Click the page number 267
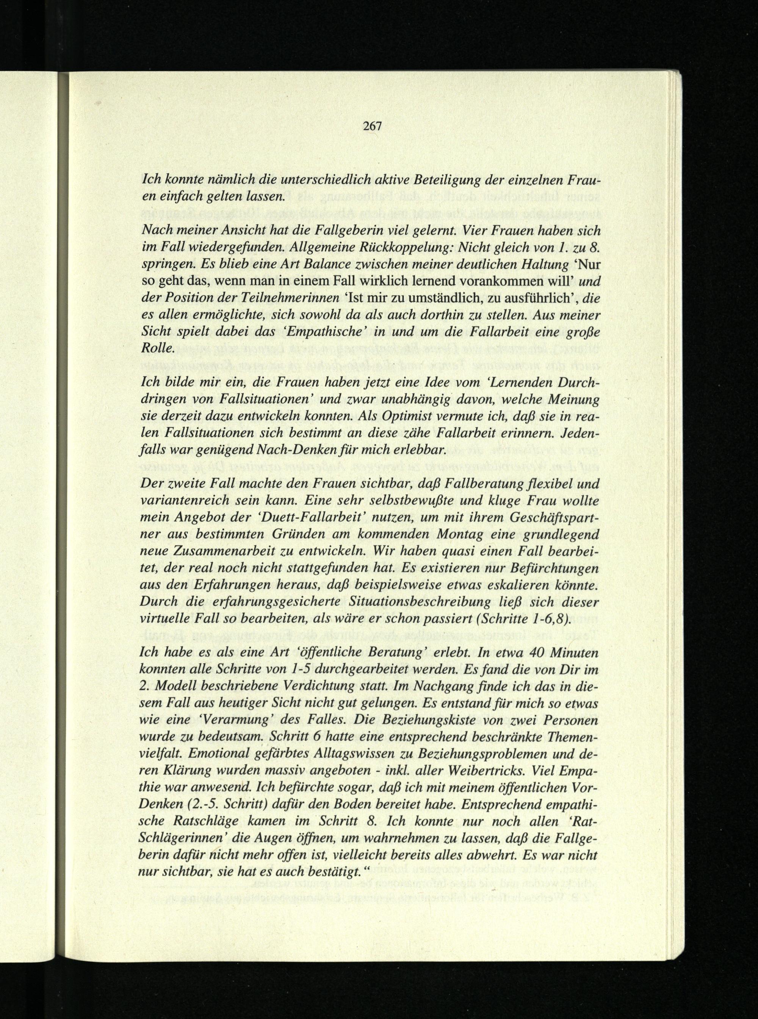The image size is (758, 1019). (x=372, y=126)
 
